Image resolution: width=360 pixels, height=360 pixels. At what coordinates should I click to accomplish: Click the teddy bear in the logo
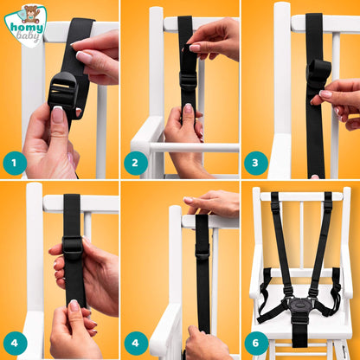(30, 14)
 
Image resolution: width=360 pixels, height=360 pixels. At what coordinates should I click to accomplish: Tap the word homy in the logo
(27, 28)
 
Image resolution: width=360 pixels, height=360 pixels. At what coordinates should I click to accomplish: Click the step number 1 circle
(15, 163)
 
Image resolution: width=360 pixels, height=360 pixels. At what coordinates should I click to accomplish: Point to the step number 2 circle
(136, 163)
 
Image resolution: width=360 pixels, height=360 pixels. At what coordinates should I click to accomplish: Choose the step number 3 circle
(256, 163)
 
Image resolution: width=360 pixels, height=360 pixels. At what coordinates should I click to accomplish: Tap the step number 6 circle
(256, 343)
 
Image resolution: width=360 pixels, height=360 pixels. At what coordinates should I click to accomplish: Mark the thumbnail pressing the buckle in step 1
(58, 114)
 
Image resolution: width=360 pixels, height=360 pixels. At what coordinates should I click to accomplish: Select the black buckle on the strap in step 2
(189, 80)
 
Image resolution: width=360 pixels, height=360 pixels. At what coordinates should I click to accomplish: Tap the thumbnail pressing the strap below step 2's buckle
(188, 109)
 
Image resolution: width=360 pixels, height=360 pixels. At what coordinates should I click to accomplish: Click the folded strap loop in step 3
(318, 72)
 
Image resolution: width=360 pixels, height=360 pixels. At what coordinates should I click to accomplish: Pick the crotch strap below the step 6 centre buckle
(300, 331)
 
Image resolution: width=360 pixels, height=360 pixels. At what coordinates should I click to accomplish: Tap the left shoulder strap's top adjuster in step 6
(275, 205)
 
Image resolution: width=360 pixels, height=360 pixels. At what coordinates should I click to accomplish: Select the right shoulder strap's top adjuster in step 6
(328, 205)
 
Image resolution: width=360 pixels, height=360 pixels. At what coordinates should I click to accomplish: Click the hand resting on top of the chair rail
(211, 202)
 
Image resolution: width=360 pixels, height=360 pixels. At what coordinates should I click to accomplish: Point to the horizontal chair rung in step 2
(194, 148)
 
